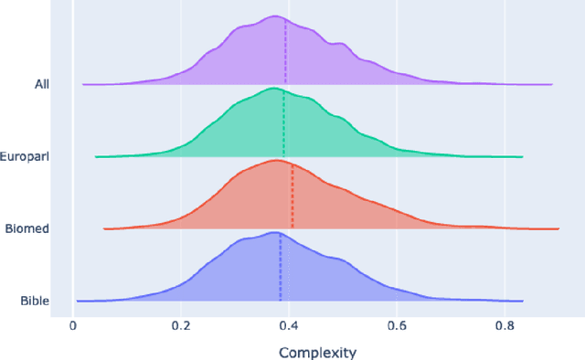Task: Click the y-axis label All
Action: click(x=42, y=84)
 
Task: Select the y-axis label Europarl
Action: click(x=26, y=156)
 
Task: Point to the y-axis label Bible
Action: click(x=35, y=301)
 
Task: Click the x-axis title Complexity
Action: click(x=316, y=352)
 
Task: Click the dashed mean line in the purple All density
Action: click(x=285, y=55)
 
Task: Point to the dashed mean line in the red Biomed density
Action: click(x=292, y=197)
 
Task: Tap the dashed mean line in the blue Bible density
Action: click(x=281, y=270)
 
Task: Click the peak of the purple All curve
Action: click(x=272, y=16)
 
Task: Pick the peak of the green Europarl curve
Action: click(x=271, y=88)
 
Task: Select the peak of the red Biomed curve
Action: click(x=275, y=160)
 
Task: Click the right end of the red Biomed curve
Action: click(x=558, y=228)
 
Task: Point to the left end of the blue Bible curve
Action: click(x=78, y=300)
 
